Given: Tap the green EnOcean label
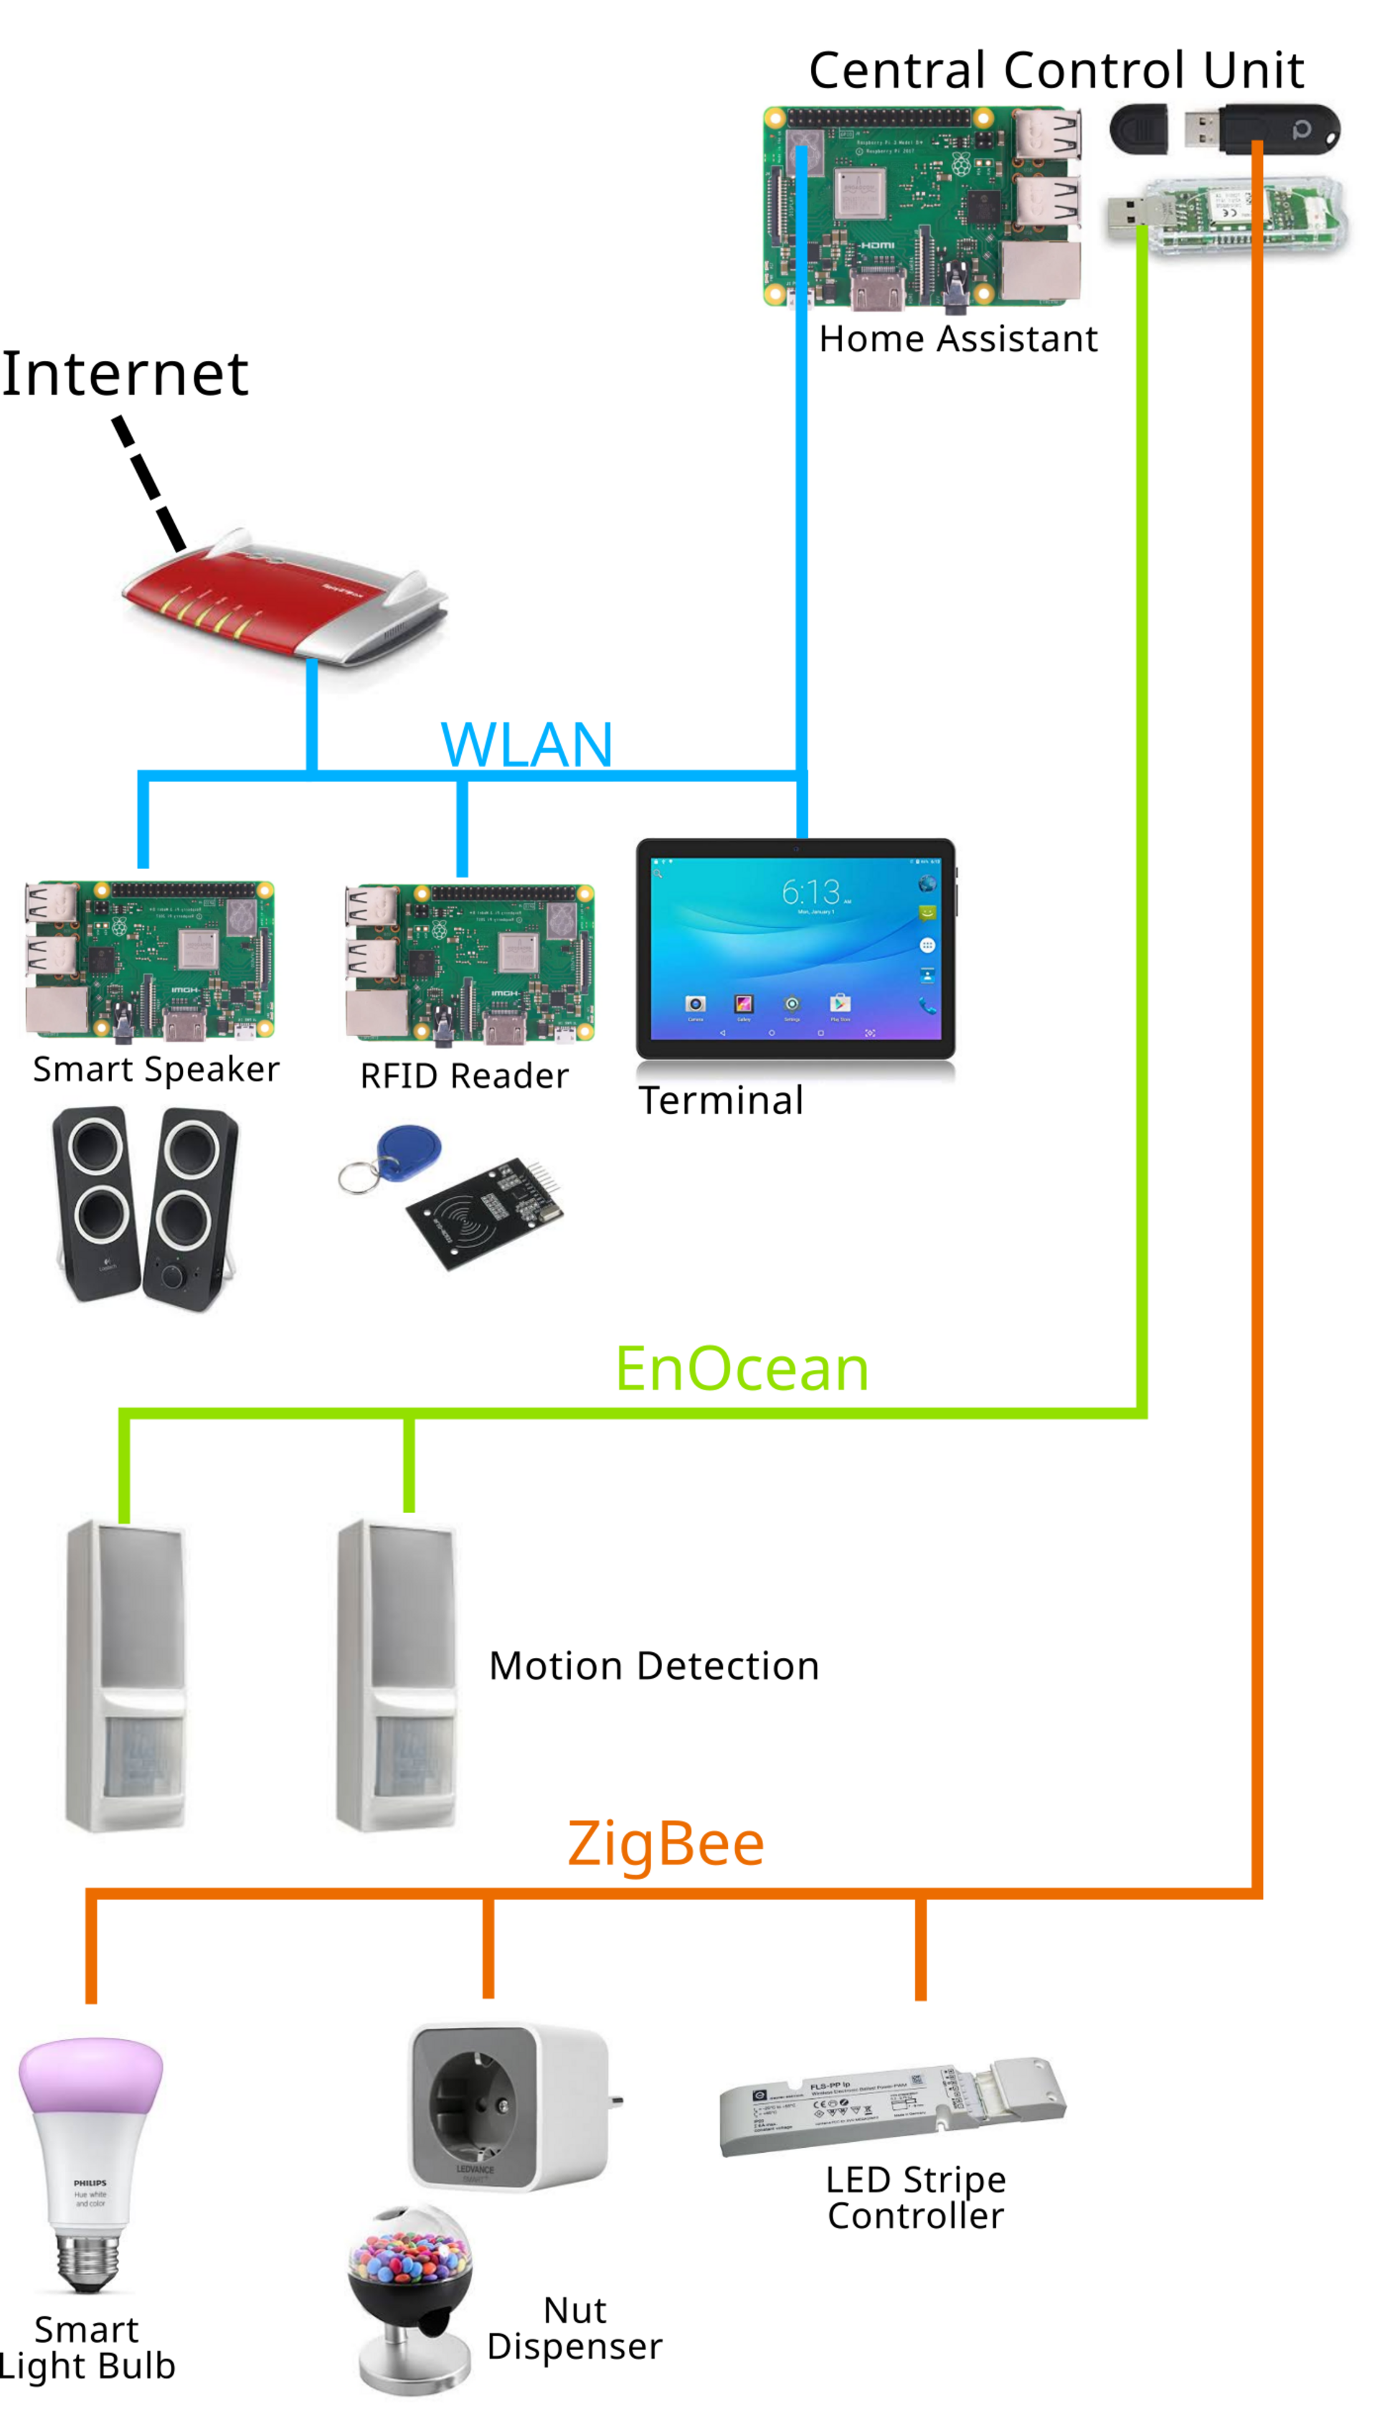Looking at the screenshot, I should coord(742,1370).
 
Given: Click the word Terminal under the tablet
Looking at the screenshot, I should coord(721,1100).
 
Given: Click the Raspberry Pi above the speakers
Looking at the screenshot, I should coord(149,961).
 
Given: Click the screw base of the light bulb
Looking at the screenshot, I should coord(89,2262).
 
